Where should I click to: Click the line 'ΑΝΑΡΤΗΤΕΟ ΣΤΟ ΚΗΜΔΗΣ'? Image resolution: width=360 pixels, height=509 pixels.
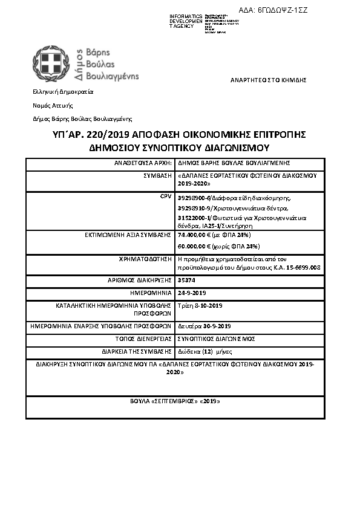click(x=269, y=80)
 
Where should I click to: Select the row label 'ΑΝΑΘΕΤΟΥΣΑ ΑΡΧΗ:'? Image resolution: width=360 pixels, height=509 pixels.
click(x=144, y=163)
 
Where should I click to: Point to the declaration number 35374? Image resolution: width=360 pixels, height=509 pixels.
click(x=186, y=280)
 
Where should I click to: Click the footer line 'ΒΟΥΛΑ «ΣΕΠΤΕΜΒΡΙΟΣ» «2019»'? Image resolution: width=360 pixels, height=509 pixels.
click(x=175, y=401)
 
